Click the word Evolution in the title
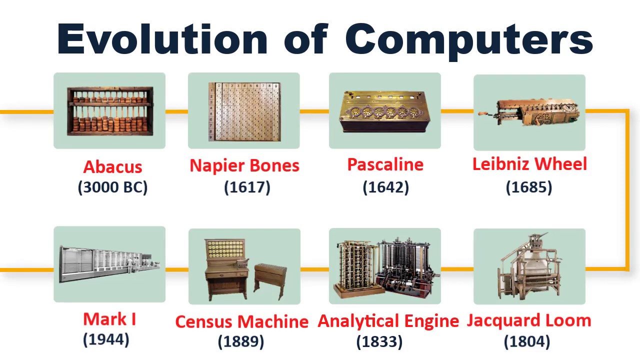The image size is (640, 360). (x=162, y=38)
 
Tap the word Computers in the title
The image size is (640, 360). (x=468, y=38)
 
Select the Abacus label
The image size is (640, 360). (x=112, y=166)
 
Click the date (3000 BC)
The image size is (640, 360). (x=112, y=187)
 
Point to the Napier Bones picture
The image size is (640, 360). (x=244, y=111)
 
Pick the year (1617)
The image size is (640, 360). (x=247, y=187)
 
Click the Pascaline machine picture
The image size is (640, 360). (x=385, y=111)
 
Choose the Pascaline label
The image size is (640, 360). (x=385, y=164)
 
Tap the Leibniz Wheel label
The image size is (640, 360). (x=529, y=164)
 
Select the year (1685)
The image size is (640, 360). (x=529, y=187)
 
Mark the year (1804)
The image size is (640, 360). (x=527, y=341)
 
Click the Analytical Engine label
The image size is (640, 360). (x=388, y=321)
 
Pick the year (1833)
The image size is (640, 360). (x=379, y=342)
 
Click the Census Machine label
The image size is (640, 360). (x=241, y=321)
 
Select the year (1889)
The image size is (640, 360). (x=241, y=342)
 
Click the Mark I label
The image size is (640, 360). (x=109, y=319)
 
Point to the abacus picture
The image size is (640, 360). (x=110, y=111)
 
